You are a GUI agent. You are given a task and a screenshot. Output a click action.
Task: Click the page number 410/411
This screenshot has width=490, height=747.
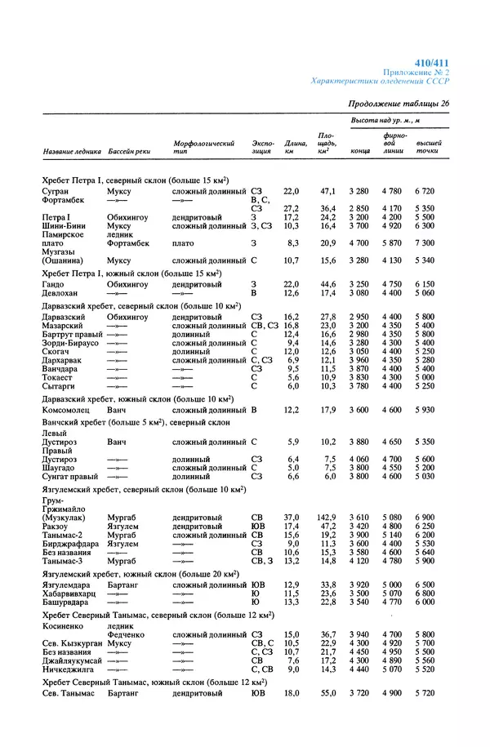coord(432,63)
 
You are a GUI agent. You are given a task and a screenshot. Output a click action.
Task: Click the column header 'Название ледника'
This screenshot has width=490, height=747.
coord(72,152)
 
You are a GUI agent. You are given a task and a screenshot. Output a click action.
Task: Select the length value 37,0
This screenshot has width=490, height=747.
coord(292,518)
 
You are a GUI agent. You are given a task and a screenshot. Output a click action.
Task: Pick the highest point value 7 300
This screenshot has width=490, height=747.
coord(424,243)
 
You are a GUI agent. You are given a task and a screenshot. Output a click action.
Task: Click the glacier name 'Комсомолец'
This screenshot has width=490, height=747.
coord(69,409)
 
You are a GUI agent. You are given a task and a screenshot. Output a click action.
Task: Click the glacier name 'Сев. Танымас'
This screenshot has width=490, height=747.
coord(69,693)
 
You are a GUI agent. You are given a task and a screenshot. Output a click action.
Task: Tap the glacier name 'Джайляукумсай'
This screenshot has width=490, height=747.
coord(74,660)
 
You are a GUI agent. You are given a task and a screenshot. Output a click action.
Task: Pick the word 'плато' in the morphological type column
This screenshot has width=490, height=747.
coord(184,243)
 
